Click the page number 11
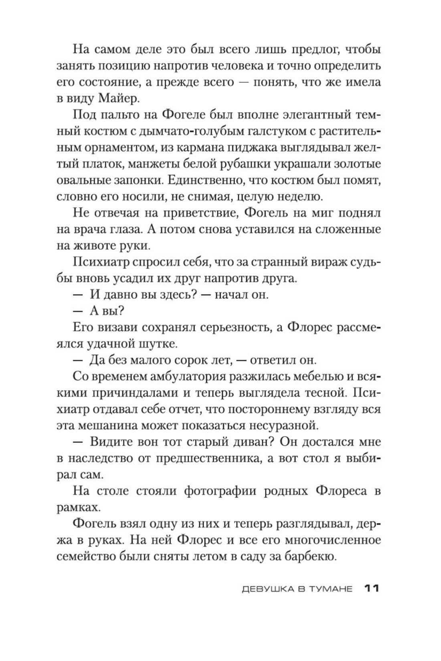tap(372, 588)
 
